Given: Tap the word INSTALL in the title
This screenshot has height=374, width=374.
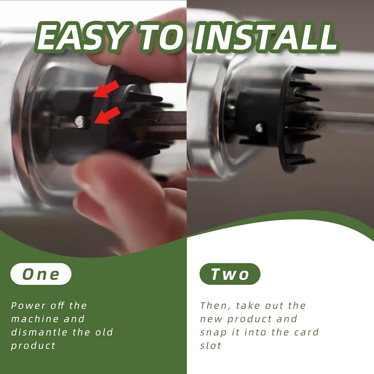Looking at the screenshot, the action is (x=266, y=37).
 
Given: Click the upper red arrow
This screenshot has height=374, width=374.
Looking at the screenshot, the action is (x=106, y=89).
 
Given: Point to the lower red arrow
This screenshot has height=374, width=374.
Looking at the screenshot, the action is (x=107, y=116).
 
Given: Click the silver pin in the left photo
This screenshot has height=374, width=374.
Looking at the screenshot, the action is (x=80, y=121).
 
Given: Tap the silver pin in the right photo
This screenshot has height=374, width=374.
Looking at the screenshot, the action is (x=259, y=128).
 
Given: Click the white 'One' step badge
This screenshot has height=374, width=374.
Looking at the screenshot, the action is (x=41, y=274).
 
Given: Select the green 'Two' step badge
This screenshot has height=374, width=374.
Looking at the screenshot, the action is (x=230, y=274).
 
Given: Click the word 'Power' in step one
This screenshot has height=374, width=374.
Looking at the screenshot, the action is (x=28, y=306).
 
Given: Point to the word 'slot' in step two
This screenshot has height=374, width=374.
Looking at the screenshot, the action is (x=211, y=346).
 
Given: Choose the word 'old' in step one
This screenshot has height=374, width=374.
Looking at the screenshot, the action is (x=104, y=332).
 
